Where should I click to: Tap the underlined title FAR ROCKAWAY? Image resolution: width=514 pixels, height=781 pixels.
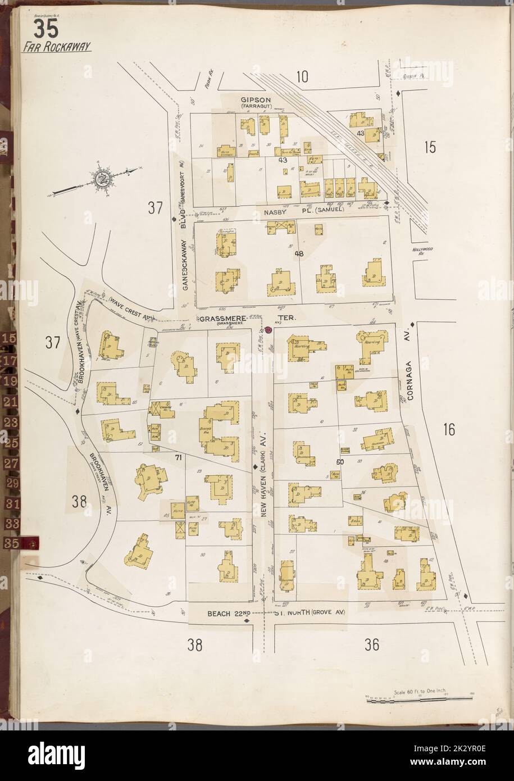[x=56, y=47]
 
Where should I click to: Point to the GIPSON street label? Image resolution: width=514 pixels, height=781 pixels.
[x=247, y=98]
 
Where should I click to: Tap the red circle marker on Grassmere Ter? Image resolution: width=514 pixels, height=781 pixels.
[x=269, y=330]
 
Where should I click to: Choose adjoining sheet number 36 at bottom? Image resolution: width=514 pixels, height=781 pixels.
[x=371, y=646]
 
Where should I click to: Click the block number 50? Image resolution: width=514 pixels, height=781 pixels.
[x=339, y=462]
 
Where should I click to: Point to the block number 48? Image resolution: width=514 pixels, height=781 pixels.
[x=299, y=254]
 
